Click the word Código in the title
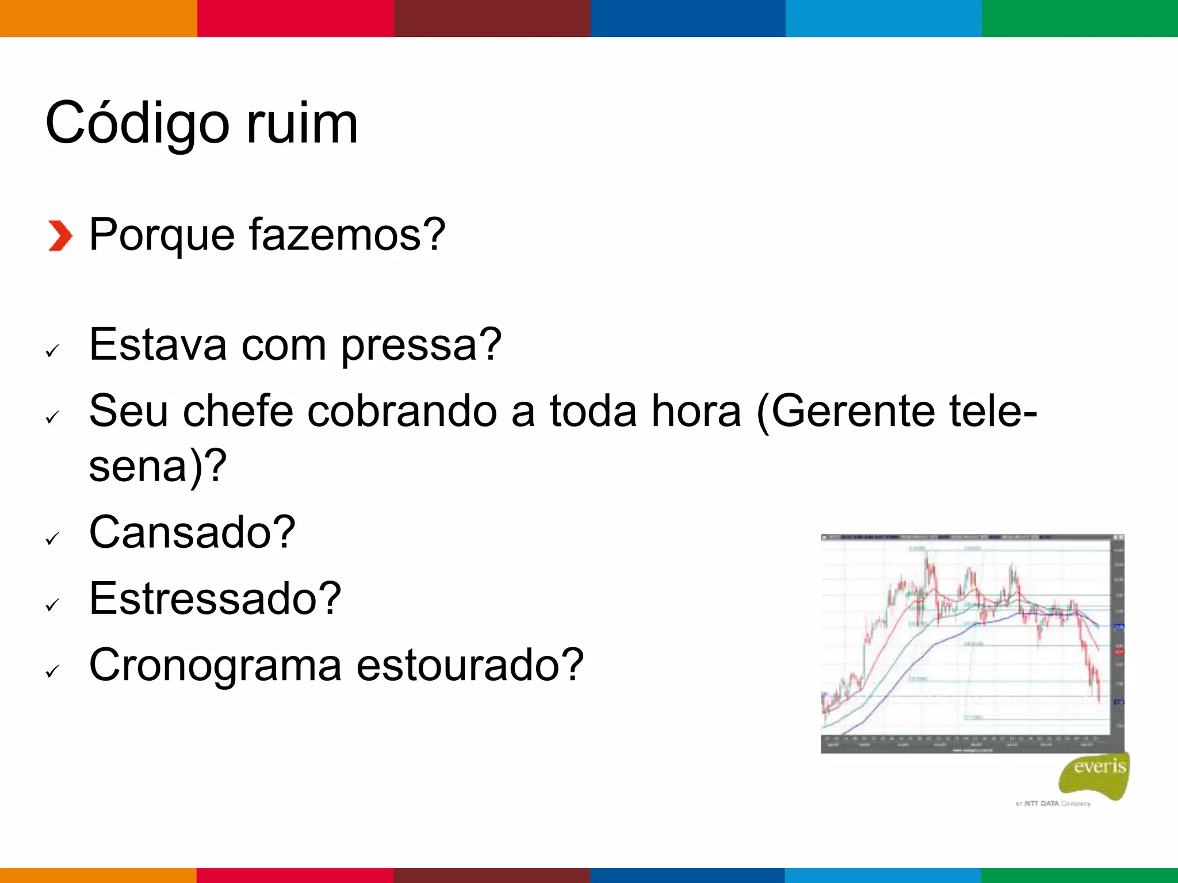pos(137,124)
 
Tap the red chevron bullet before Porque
pos(60,236)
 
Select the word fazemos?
pos(347,235)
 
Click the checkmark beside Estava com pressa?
pos(52,351)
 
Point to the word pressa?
pos(422,345)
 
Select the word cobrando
pos(402,411)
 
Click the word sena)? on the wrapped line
pos(158,466)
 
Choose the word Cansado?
pos(192,532)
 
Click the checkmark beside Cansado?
pos(52,539)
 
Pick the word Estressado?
pos(215,598)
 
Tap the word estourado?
pos(470,665)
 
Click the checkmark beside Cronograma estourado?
pos(52,671)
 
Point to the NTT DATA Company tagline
pos(1053,804)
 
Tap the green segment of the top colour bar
pos(1080,18)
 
